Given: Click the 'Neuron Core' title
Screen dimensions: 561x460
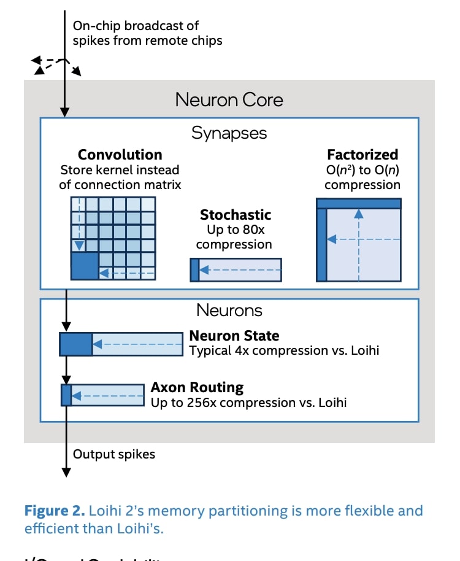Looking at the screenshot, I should (x=229, y=99).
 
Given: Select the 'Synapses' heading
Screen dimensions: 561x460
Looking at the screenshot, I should (x=229, y=133).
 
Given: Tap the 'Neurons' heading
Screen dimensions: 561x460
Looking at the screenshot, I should (x=229, y=311).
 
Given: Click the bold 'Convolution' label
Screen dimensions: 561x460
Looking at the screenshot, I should (x=120, y=155).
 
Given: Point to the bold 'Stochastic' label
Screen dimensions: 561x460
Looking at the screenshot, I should (x=236, y=215).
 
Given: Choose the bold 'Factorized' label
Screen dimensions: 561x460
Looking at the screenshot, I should (x=362, y=155).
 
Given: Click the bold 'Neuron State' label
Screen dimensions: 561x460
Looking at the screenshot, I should (x=234, y=336).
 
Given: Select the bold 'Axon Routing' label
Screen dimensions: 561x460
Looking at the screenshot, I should (x=197, y=388).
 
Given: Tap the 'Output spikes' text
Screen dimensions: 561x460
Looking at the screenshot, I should (x=114, y=454).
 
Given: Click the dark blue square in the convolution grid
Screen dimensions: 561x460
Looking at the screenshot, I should (x=85, y=266).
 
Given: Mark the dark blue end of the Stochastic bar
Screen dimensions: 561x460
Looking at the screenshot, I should (x=194, y=270).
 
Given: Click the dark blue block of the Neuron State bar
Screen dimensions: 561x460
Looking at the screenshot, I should (x=75, y=344).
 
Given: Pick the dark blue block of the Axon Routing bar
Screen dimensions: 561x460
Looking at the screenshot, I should (x=66, y=395).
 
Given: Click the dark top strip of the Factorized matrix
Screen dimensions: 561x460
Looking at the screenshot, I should (x=359, y=203).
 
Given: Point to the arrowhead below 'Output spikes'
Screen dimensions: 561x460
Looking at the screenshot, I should (x=66, y=471).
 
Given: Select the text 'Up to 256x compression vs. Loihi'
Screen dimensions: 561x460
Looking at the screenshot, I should (x=249, y=403).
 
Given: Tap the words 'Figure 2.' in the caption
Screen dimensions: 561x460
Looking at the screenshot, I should (x=54, y=511).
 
